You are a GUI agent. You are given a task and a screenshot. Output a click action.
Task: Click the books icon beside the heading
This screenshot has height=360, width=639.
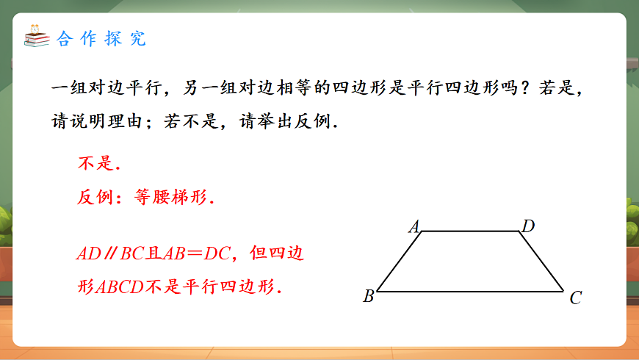tap(36, 37)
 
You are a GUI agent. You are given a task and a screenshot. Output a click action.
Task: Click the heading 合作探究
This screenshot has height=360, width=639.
tap(101, 39)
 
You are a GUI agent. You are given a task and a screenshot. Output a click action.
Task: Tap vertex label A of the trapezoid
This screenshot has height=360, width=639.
tap(414, 226)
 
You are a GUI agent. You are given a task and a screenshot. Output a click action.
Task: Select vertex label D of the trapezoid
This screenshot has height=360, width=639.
tap(527, 226)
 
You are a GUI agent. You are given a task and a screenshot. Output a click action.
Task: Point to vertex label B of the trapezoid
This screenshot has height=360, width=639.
tap(369, 297)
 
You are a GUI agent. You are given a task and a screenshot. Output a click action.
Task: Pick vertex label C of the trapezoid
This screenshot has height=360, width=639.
tap(576, 298)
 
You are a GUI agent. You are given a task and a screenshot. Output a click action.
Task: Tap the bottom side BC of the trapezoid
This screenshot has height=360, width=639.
tap(470, 291)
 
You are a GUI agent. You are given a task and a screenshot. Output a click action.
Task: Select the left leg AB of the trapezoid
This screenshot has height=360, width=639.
tap(400, 262)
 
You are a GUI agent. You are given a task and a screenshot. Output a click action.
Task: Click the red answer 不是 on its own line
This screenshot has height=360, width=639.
tap(97, 163)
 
